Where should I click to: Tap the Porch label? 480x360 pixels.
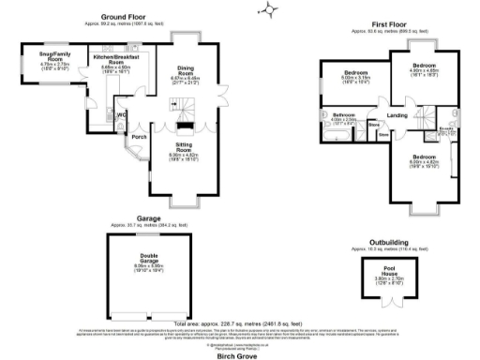click(x=140, y=137)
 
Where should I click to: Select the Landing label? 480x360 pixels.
click(x=397, y=115)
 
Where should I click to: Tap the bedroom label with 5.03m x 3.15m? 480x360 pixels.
click(x=354, y=72)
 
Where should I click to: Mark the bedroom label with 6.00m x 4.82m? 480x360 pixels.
click(x=424, y=156)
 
